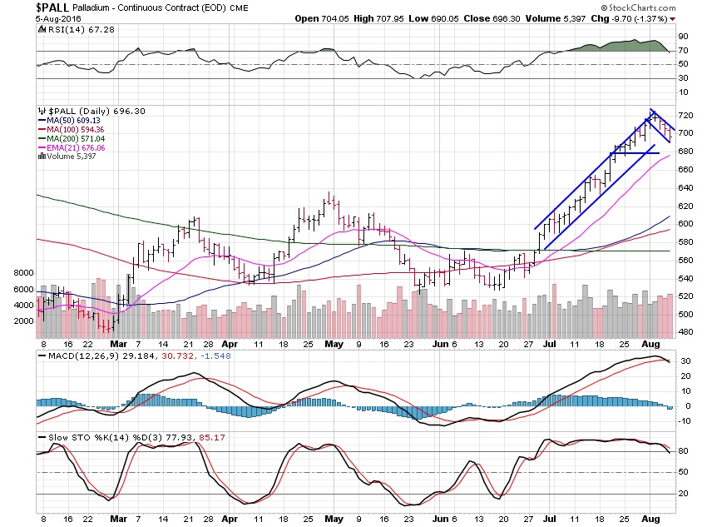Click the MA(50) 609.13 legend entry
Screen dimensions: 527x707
[76, 121]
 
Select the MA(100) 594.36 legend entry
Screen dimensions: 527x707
[78, 129]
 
